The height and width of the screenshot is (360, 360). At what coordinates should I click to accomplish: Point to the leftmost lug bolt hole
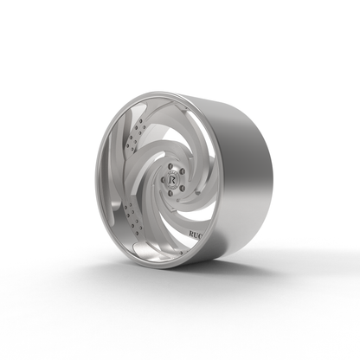pyautogui.click(x=162, y=177)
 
